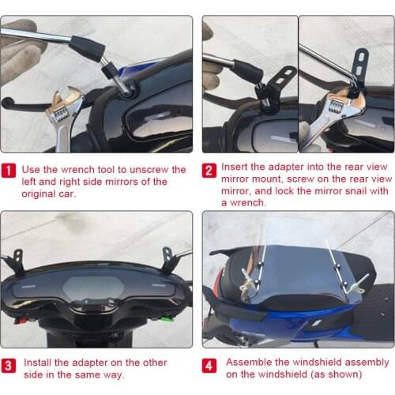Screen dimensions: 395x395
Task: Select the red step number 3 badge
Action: click(9, 365)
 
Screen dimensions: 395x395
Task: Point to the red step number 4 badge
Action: click(210, 365)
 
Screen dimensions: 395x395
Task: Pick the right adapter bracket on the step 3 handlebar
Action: click(167, 258)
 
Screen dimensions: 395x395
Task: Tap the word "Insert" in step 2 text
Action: click(235, 168)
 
